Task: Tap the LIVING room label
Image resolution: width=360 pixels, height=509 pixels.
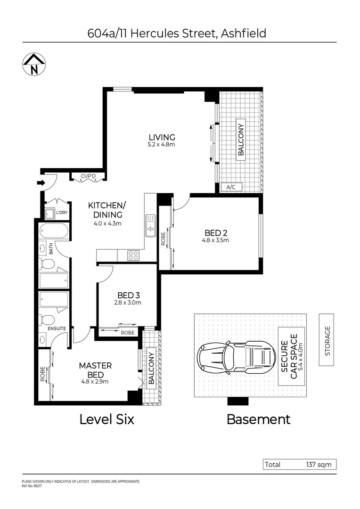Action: (x=161, y=137)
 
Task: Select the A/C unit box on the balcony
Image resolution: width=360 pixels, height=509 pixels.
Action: (x=231, y=187)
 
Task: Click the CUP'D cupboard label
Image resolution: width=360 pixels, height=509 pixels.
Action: (x=88, y=177)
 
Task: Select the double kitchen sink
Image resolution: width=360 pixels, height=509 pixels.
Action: (x=151, y=226)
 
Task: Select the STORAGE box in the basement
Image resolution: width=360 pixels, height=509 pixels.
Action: (x=327, y=340)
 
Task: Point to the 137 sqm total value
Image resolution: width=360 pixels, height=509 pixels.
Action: (x=319, y=465)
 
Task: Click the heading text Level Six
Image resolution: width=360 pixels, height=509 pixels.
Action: (x=106, y=419)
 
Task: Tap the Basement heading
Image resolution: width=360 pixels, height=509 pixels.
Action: (x=259, y=419)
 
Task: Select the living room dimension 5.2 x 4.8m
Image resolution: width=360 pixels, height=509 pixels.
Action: (x=161, y=145)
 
